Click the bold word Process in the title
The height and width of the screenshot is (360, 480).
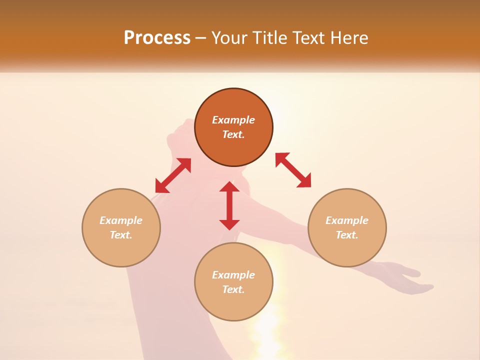[x=157, y=38]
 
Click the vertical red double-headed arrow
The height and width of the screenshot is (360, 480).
[x=229, y=205]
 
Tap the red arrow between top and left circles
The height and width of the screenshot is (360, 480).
[x=173, y=175]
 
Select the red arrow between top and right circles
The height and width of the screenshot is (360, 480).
[x=293, y=170]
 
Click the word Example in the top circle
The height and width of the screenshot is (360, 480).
[x=233, y=120]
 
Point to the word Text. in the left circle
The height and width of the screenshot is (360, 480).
[x=121, y=235]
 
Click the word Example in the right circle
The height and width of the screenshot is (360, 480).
[x=347, y=220]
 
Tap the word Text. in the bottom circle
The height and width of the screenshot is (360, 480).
[x=233, y=289]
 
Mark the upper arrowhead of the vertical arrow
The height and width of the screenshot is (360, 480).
[x=229, y=187]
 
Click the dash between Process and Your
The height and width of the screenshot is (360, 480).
[x=201, y=38]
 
